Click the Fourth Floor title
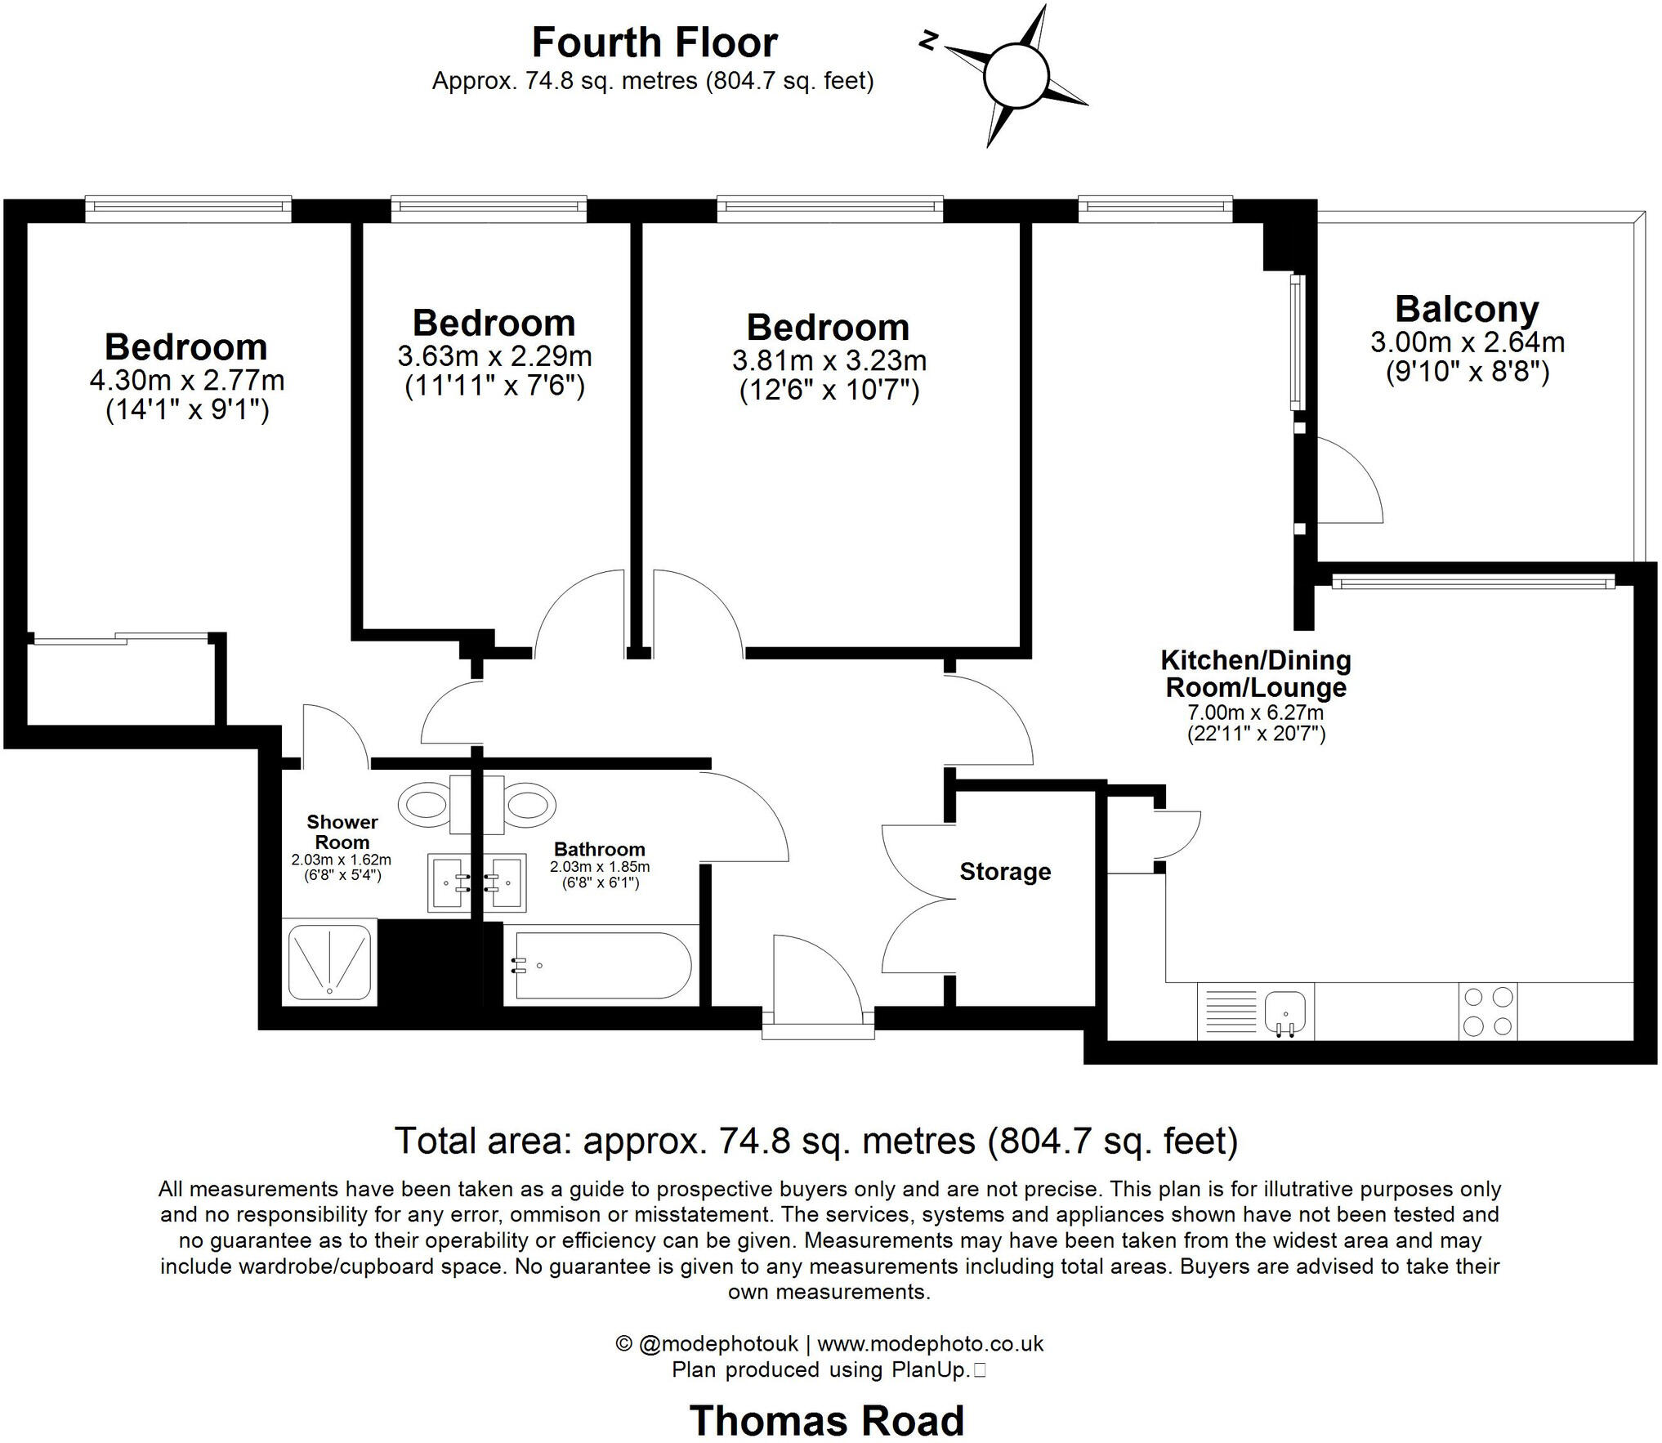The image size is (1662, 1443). (655, 42)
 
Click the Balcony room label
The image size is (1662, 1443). (1467, 309)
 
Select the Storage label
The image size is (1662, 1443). (1005, 872)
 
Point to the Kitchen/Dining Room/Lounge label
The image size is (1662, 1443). (1256, 673)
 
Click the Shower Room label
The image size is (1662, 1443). (342, 832)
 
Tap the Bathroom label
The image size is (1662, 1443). (600, 849)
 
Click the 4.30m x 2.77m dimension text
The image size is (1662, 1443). (187, 380)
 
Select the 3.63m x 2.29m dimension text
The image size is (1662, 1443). (495, 356)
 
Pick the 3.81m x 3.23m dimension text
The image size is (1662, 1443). (829, 360)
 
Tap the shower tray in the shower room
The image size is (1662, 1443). (329, 961)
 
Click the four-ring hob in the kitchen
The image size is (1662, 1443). (1488, 1011)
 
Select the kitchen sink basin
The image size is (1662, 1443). (1286, 1009)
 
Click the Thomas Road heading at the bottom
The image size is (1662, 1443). (827, 1420)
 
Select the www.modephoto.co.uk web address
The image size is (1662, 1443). (931, 1343)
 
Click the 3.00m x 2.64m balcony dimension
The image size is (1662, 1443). (1468, 342)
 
